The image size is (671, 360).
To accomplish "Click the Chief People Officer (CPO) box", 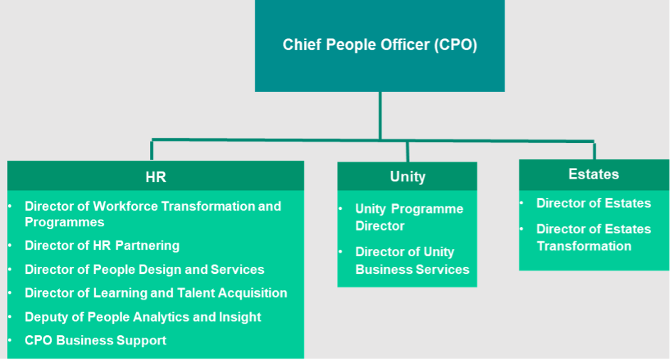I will coord(379,46).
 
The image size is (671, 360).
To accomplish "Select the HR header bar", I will coord(155,177).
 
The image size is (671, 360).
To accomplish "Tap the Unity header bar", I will coord(407,176).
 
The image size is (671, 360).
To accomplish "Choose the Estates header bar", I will coord(593,174).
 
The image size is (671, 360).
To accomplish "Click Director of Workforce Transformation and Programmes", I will coord(152,214).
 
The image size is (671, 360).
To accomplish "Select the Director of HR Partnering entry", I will coord(102,245).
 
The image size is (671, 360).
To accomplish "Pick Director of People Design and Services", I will coord(144,270).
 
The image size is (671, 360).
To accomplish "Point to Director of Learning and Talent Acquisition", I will coord(156,293).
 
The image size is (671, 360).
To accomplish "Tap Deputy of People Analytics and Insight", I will coord(143,317).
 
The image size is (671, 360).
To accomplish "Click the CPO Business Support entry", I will coord(95,341).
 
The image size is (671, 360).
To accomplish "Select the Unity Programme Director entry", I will coord(409,217).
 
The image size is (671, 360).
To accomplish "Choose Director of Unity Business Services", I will coord(412,260).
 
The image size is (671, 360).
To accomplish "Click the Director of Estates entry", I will coord(593,203).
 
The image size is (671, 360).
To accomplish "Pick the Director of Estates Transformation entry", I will coord(593,238).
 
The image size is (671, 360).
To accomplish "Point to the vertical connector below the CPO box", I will coord(380,114).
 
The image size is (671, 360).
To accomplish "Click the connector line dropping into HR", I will coord(152,150).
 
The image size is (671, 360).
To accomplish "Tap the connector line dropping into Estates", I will coord(594,150).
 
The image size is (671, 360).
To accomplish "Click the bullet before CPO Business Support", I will coord(10,341).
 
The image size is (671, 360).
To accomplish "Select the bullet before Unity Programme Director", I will coord(340,209).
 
